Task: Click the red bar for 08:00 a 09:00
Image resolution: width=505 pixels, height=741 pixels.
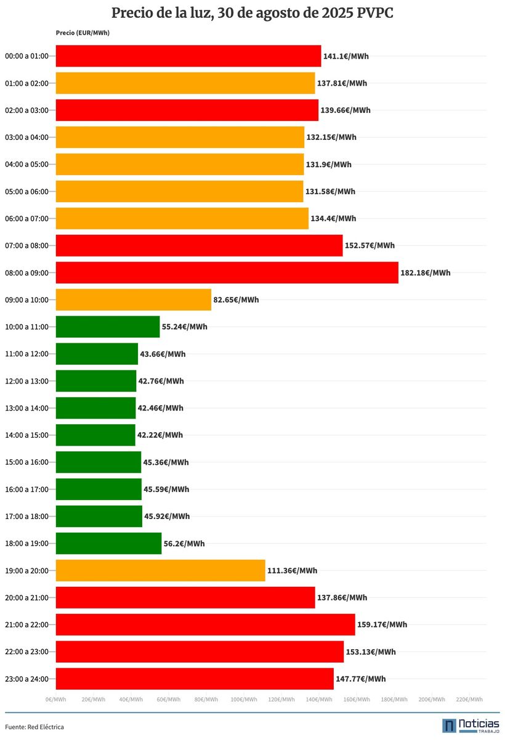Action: tap(227, 272)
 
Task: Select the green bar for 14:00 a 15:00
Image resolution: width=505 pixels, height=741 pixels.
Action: tap(95, 435)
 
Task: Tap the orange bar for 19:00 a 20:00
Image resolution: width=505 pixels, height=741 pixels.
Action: tap(160, 570)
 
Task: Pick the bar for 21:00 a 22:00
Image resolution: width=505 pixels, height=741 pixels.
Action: tap(205, 624)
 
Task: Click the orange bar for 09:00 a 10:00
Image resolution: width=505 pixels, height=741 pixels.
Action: tap(133, 300)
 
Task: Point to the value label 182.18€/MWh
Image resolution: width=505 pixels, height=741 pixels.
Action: tap(426, 272)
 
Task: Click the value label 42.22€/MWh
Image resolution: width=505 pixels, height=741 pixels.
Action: tap(160, 435)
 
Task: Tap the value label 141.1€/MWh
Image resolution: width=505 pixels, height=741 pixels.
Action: tap(346, 56)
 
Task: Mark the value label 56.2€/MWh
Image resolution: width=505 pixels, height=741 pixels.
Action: tap(184, 544)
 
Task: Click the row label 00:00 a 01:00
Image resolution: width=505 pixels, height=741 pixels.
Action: tap(26, 56)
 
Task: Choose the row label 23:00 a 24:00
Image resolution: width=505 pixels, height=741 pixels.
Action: tap(26, 679)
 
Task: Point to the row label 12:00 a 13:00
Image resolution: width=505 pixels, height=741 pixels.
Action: tap(26, 381)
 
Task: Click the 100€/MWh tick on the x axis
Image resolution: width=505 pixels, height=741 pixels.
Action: tap(244, 700)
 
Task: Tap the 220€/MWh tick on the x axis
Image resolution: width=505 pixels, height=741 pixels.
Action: tap(469, 700)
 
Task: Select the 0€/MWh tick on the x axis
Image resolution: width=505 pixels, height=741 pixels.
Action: tap(55, 700)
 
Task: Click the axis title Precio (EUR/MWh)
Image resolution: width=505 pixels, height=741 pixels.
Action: tap(82, 33)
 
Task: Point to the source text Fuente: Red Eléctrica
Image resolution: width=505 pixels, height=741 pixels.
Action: tap(34, 727)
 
